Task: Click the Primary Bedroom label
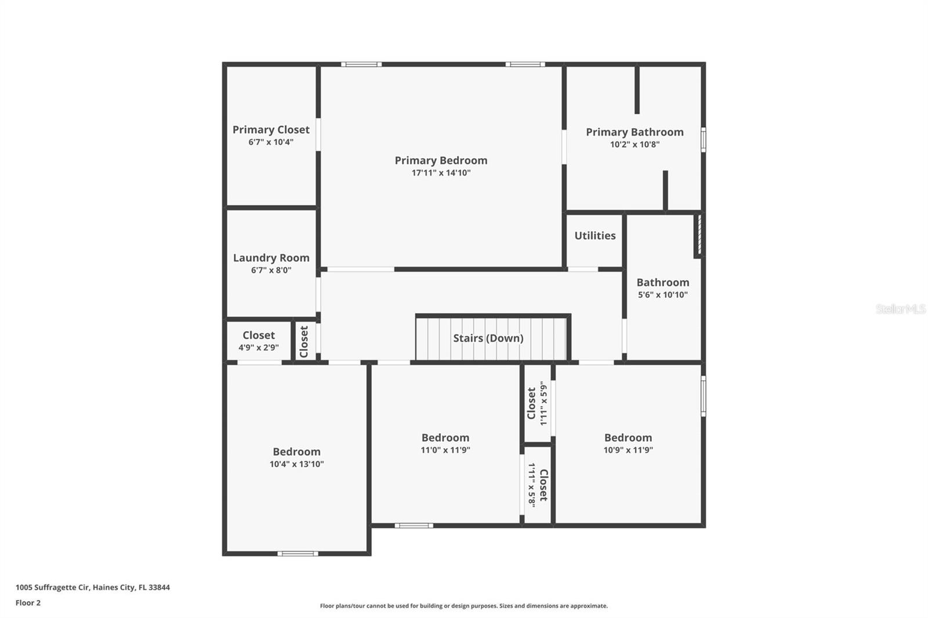[x=441, y=161]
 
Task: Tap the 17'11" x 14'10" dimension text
[x=441, y=173]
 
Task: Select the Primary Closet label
[x=271, y=130]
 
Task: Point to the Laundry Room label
[x=271, y=258]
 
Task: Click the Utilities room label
[x=595, y=236]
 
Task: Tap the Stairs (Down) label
[x=488, y=339]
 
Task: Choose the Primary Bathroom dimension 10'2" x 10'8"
[x=635, y=144]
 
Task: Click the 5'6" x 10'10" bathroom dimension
[x=663, y=295]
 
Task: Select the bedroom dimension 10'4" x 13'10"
[x=296, y=464]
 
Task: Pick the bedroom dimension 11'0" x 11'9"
[x=445, y=450]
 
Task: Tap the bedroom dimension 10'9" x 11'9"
[x=628, y=450]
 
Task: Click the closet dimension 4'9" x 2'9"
[x=259, y=347]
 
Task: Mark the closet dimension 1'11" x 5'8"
[x=532, y=484]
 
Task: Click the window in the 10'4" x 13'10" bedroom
[x=298, y=554]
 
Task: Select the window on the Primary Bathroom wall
[x=704, y=140]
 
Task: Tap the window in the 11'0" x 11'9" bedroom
[x=414, y=526]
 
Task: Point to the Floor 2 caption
[x=28, y=603]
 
